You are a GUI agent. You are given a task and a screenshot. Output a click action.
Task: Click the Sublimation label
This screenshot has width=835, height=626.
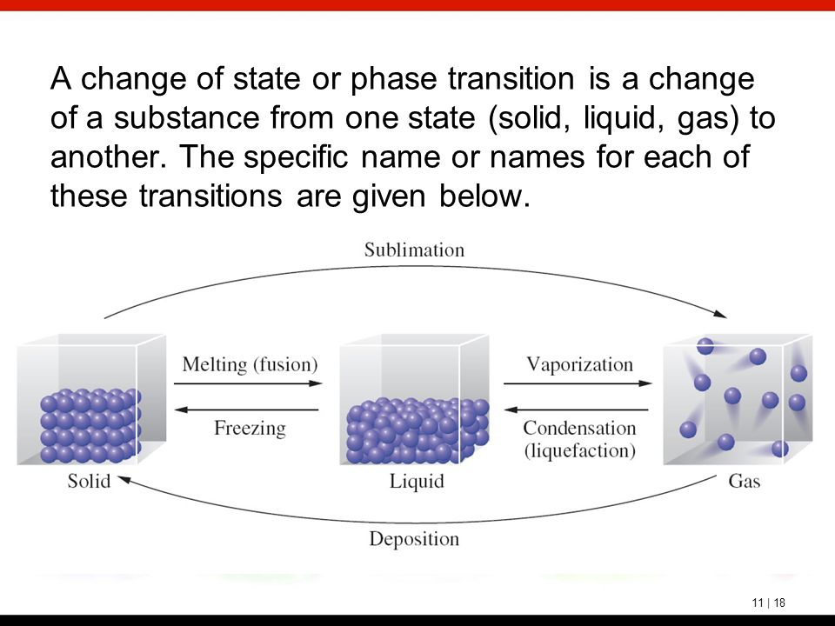point(414,250)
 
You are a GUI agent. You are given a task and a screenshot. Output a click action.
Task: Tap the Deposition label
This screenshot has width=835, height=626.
point(414,539)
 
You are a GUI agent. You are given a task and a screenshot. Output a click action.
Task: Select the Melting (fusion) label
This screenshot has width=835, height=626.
point(250,364)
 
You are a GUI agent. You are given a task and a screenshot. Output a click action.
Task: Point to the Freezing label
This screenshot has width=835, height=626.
point(250,428)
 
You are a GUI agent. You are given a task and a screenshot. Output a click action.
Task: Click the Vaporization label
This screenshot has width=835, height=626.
point(580,364)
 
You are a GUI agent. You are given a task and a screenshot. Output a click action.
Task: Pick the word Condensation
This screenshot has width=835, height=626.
point(579,428)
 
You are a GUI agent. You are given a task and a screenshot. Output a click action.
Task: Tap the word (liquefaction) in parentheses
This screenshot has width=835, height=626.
point(580,451)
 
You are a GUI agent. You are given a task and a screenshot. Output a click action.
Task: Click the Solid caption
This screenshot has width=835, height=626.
point(89,481)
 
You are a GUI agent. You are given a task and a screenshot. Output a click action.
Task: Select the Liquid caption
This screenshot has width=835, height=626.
point(417,481)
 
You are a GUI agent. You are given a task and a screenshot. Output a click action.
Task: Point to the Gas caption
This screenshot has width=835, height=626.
point(744,481)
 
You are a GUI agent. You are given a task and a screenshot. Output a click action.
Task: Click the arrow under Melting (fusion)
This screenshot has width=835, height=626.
point(248,383)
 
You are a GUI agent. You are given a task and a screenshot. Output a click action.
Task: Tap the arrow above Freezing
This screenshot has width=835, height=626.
point(246,410)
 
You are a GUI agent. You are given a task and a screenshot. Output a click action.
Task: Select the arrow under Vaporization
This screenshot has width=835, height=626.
point(578,383)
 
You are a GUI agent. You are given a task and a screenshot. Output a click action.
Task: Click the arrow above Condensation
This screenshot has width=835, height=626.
point(576,410)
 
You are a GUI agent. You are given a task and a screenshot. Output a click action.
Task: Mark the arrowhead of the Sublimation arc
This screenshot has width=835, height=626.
point(720,314)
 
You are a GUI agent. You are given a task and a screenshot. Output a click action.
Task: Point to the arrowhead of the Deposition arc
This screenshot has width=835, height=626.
point(124,480)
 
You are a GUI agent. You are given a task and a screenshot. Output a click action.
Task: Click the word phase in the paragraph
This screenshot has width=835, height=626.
point(393,80)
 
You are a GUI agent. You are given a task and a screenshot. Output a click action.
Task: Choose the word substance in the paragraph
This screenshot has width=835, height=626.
point(186,117)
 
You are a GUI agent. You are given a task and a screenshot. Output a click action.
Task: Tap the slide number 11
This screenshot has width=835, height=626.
point(758,603)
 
